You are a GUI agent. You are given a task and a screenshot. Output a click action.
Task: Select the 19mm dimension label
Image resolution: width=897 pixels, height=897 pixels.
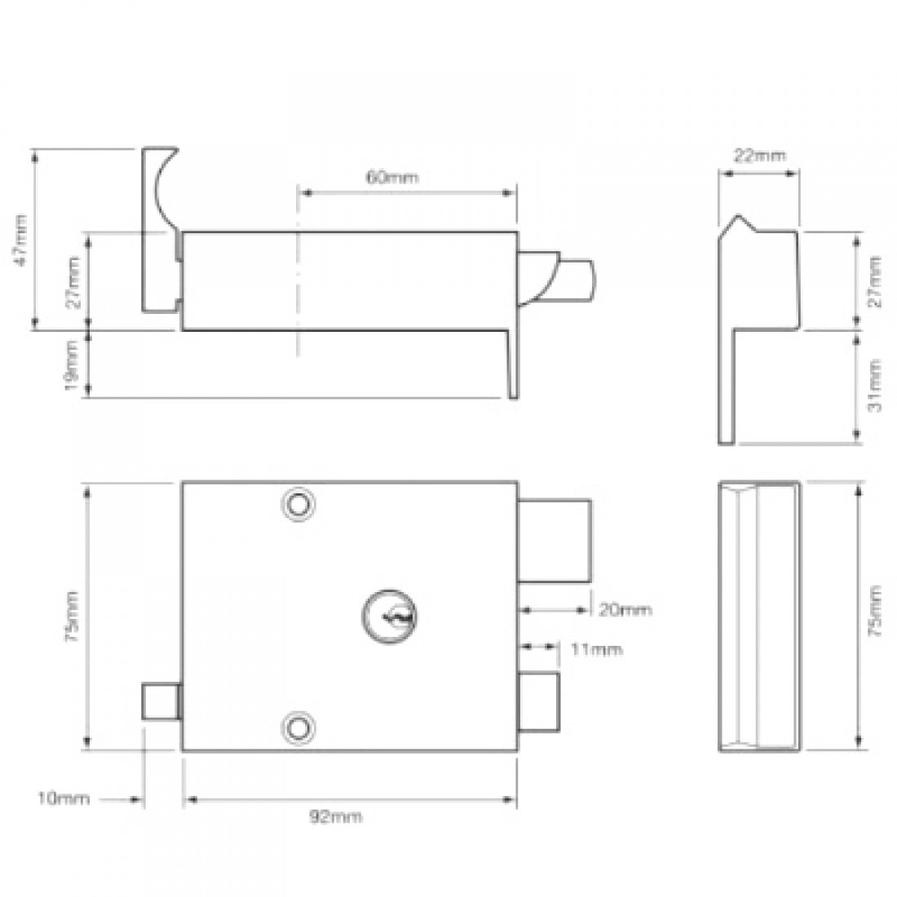(72, 366)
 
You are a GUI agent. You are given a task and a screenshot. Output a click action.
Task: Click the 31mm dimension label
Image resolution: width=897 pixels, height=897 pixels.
(874, 385)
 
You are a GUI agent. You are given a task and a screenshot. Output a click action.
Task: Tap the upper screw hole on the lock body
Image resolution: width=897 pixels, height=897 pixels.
(298, 505)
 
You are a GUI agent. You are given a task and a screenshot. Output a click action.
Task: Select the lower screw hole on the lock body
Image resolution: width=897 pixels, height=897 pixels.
(298, 726)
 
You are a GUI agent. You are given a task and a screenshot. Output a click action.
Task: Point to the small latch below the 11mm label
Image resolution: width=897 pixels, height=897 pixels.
(539, 703)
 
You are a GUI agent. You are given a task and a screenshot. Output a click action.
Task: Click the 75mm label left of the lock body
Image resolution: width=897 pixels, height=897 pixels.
(72, 617)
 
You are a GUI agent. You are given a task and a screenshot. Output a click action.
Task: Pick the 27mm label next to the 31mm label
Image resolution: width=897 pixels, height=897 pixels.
(874, 280)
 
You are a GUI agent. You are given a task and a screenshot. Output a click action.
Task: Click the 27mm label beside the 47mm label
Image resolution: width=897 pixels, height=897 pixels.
(72, 281)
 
